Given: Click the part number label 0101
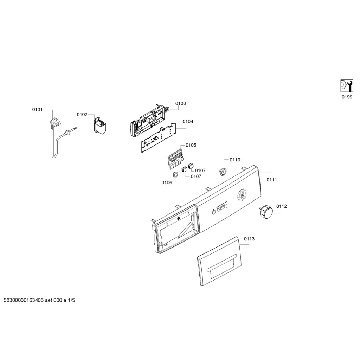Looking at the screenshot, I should [37, 110].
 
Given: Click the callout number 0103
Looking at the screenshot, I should [181, 103].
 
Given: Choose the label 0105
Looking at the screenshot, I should [191, 145].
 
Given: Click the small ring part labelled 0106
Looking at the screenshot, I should [175, 175].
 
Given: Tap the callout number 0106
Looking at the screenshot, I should [167, 182].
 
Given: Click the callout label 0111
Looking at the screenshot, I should [272, 180].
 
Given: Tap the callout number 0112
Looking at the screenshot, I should [281, 206].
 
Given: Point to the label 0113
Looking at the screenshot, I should [249, 239].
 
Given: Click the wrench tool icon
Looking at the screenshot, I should [346, 86].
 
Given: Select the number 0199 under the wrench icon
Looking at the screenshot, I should [346, 97].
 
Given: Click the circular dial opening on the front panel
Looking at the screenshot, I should [242, 195].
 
